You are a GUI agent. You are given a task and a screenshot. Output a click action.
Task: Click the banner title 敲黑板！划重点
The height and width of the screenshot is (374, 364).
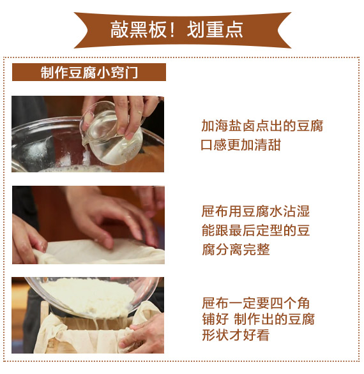point(177,30)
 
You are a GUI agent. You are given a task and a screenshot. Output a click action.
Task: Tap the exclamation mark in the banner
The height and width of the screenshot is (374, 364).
point(171,30)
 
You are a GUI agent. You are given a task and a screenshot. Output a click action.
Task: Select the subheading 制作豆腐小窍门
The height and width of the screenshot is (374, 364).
point(89,72)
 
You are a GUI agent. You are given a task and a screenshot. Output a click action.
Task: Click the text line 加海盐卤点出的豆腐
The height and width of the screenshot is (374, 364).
point(262,126)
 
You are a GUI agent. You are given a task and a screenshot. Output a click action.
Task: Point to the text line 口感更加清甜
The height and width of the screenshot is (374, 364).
point(241,145)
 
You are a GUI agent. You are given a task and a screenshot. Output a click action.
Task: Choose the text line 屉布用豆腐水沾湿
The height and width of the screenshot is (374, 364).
point(255,211)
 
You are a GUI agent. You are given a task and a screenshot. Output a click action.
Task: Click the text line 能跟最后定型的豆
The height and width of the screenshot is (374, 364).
point(255,230)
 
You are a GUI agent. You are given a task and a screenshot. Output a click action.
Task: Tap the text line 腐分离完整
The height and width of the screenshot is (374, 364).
point(236,250)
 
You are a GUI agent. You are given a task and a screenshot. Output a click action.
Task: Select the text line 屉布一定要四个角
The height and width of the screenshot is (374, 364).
point(255,303)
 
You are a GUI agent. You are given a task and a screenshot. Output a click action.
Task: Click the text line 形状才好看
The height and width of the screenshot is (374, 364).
point(236,334)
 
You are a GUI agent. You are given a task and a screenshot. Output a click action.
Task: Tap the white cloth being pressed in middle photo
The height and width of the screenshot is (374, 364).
point(100,251)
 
